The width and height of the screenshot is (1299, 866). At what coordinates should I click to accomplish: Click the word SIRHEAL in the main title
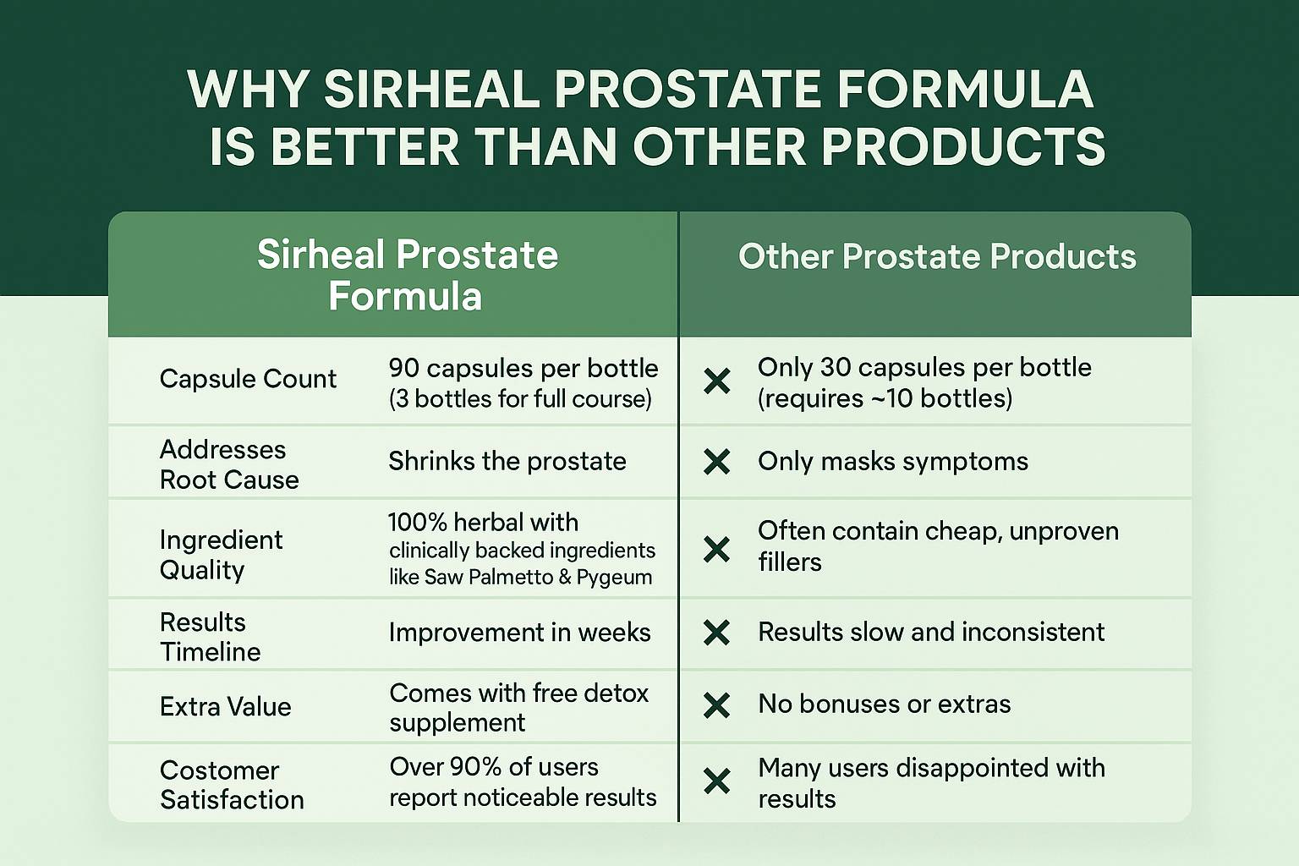[430, 89]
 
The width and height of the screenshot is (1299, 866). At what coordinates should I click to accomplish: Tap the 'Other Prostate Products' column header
[936, 255]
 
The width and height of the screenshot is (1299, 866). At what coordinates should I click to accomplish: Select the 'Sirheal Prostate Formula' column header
[407, 275]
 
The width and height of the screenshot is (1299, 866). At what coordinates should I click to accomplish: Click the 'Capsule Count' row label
[248, 379]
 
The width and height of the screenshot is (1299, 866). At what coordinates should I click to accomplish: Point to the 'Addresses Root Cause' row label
[229, 464]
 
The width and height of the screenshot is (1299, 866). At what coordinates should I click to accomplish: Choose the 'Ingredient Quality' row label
[221, 555]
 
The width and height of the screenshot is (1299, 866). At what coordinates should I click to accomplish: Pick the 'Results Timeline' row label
[210, 637]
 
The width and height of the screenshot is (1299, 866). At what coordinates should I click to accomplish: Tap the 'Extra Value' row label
[225, 706]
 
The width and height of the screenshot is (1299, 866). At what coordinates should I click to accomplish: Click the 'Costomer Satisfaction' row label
[232, 785]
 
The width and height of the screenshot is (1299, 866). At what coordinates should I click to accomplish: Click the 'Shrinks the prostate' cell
[507, 462]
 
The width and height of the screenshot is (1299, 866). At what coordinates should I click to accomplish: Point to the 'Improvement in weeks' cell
[519, 633]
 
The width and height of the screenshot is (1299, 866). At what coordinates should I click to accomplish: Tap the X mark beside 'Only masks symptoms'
[717, 462]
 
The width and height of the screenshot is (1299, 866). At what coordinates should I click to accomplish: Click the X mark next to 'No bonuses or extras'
[717, 704]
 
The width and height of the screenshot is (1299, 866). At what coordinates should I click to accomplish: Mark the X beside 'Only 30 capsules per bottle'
[717, 381]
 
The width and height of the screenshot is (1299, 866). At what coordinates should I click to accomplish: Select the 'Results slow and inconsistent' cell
[931, 632]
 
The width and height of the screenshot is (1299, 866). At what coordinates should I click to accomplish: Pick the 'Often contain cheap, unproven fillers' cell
[938, 546]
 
